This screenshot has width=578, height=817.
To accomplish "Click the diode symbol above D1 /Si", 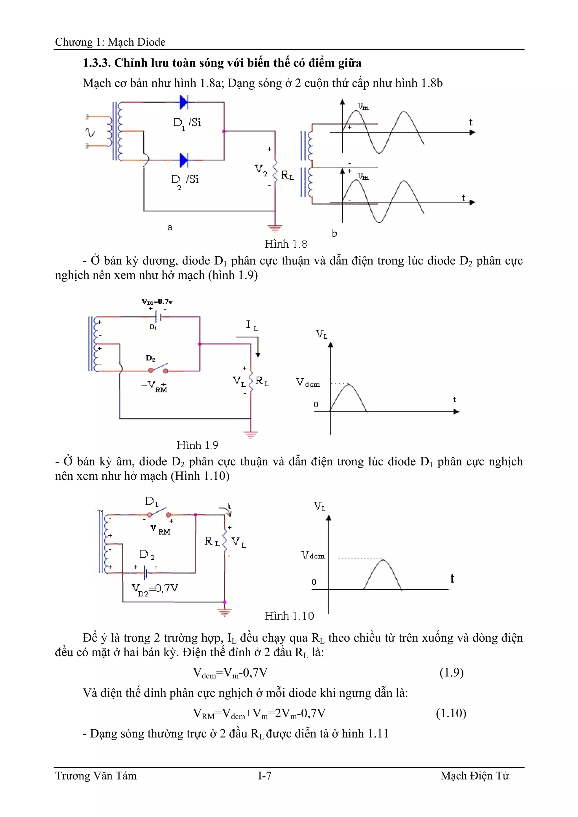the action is pos(184,102).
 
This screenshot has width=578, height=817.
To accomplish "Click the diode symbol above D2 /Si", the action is pos(184,160).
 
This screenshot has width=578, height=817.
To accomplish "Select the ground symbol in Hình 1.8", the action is pos(275,228).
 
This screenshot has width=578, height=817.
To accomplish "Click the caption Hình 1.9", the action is pos(197,445).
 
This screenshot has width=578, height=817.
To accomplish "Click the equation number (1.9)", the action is pos(451,673).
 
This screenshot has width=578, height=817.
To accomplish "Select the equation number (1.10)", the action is pos(451,713).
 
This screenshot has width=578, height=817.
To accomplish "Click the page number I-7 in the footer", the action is pos(265,775).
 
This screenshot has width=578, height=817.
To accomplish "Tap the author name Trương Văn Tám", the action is pos(96,775).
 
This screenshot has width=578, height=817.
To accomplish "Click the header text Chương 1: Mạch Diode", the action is pos(110,42).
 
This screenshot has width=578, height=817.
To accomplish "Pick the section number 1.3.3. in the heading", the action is pos(97,63).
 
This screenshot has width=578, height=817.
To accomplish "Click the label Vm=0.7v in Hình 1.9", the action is pos(157,302).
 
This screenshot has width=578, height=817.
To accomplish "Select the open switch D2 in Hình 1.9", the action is pos(158,369).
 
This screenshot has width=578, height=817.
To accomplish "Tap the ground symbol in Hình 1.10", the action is pos(224,612).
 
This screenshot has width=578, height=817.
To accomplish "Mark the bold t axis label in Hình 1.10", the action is pos(452,578).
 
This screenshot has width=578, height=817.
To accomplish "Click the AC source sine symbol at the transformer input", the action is pos(91,133).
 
